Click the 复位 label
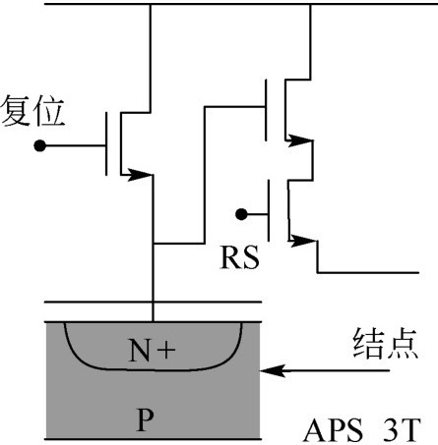click(x=32, y=111)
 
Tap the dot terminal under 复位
click(x=40, y=145)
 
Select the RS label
click(x=239, y=257)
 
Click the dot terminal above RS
click(x=241, y=214)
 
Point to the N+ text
click(x=153, y=351)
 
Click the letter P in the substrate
click(x=145, y=419)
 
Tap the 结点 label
click(x=385, y=343)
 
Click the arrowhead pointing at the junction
click(x=273, y=370)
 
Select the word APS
click(x=334, y=430)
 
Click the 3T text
click(x=403, y=430)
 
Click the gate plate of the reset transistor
click(x=106, y=144)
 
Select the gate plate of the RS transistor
click(x=269, y=210)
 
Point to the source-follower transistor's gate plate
click(x=266, y=110)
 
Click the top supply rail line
click(x=241, y=4)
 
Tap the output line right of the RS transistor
click(x=368, y=272)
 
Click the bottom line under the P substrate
click(x=153, y=439)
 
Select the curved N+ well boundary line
click(x=153, y=370)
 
